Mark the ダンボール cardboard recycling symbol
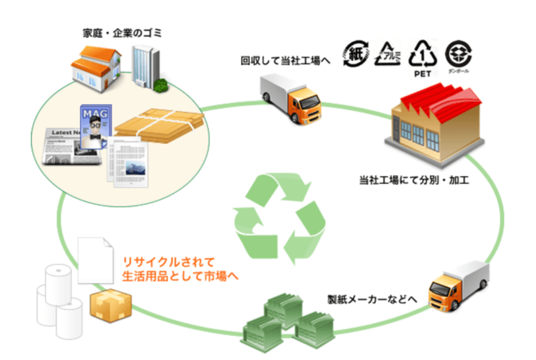point(460,54)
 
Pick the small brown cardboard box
point(105,305)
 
